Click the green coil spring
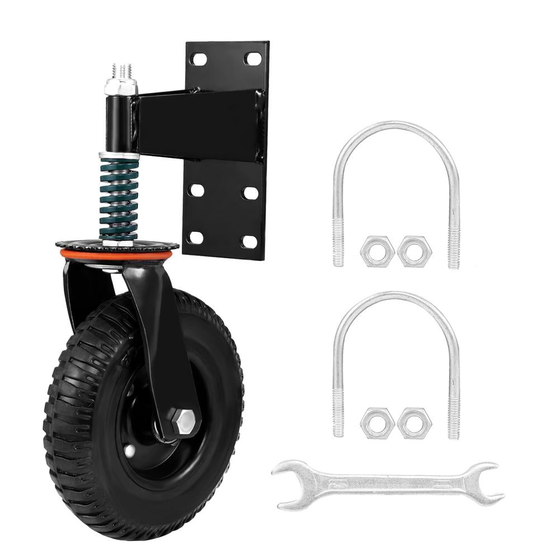(119, 198)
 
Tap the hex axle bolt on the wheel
(183, 422)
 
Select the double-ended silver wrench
(386, 484)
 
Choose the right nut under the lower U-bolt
(414, 423)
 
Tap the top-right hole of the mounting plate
(253, 58)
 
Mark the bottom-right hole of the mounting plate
(250, 241)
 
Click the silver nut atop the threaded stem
(120, 87)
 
